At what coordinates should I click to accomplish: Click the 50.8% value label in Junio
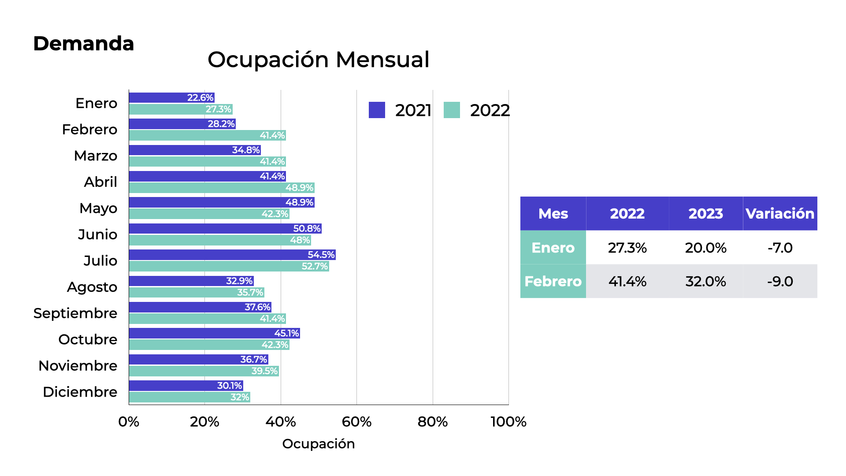click(x=307, y=229)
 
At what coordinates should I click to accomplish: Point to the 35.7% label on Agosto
click(x=250, y=292)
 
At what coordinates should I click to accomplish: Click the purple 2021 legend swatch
click(x=377, y=110)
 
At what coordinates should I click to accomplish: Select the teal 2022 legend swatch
click(x=452, y=110)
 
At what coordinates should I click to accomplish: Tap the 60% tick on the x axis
click(x=356, y=422)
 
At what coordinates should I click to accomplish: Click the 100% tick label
click(x=508, y=422)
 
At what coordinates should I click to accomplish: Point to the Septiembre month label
click(x=75, y=313)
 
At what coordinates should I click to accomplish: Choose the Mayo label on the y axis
click(x=98, y=208)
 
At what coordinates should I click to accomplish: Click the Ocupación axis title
click(x=318, y=444)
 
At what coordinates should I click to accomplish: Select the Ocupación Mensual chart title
click(x=318, y=59)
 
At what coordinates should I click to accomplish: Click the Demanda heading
click(x=83, y=44)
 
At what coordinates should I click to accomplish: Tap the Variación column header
click(x=780, y=214)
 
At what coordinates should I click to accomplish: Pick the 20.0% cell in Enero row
click(x=705, y=248)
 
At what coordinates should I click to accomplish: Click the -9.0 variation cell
click(x=780, y=281)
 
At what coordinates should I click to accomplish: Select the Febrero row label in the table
click(x=553, y=281)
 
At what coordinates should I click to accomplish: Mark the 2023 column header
click(x=705, y=214)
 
